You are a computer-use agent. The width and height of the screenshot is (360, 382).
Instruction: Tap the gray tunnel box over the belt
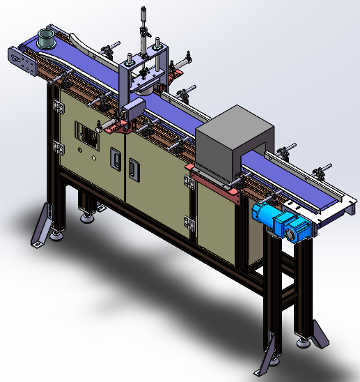click(233, 143)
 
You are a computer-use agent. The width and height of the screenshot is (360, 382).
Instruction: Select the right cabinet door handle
click(134, 167)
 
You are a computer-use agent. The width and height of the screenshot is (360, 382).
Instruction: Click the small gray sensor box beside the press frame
click(133, 108)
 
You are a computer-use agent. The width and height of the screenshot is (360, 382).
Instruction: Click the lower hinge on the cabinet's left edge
click(56, 147)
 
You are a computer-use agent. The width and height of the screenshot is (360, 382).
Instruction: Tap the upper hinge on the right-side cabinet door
click(189, 183)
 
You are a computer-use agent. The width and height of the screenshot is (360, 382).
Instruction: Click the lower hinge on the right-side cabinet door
click(189, 222)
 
